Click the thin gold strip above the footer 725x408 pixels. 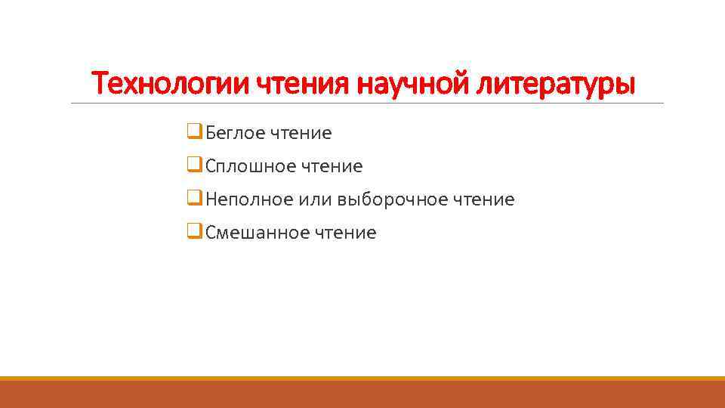coord(362,378)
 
